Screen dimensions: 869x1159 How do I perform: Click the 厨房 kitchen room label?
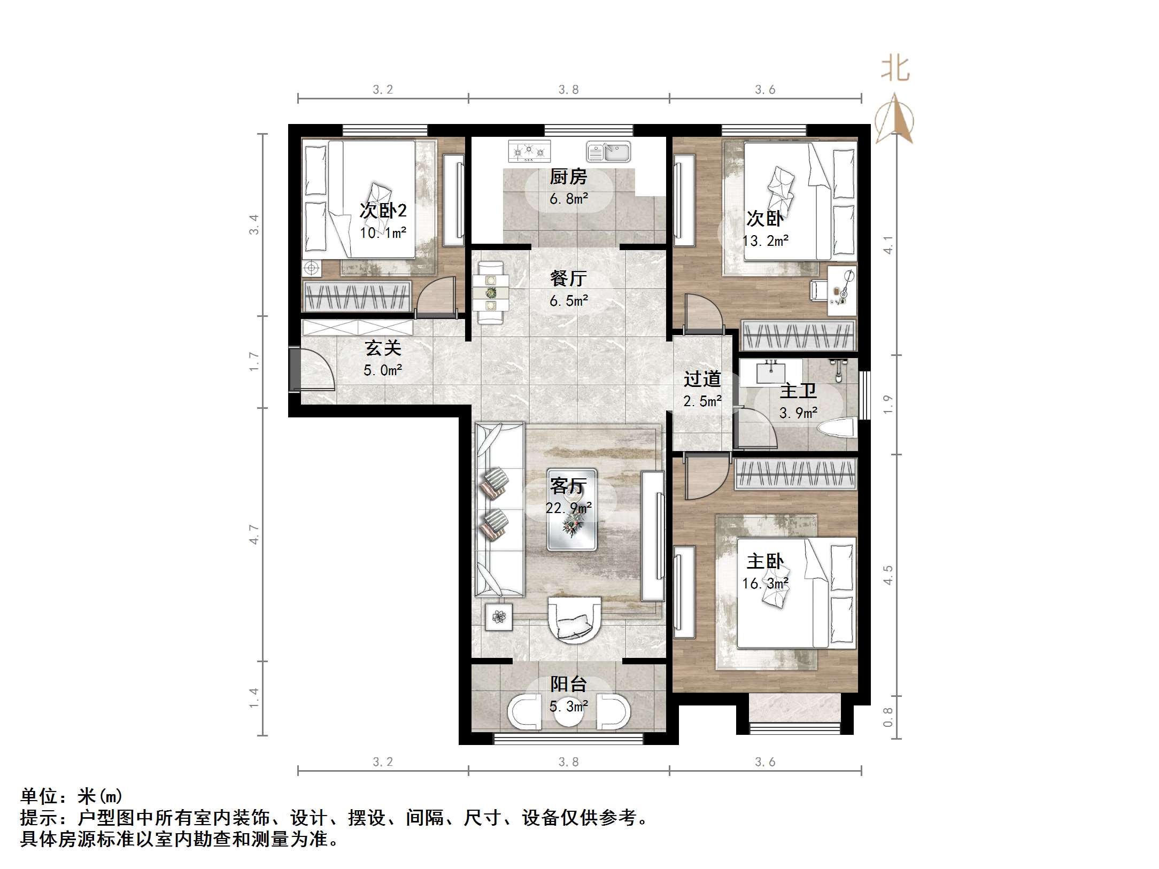coord(568,176)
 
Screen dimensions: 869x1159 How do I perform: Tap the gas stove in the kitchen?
coord(529,151)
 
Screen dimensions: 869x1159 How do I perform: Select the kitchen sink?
coord(608,152)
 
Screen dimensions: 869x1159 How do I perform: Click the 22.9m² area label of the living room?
coord(568,508)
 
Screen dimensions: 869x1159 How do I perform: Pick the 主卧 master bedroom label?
coord(765,561)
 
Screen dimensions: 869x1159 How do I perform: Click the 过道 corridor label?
coord(702,379)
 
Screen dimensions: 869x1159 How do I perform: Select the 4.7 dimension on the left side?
coord(254,534)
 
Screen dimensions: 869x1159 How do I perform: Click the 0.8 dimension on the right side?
coord(888,717)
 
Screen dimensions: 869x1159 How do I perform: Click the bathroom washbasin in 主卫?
coord(771,371)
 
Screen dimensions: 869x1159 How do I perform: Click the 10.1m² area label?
coord(383,233)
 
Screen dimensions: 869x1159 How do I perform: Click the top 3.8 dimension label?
coord(568,90)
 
